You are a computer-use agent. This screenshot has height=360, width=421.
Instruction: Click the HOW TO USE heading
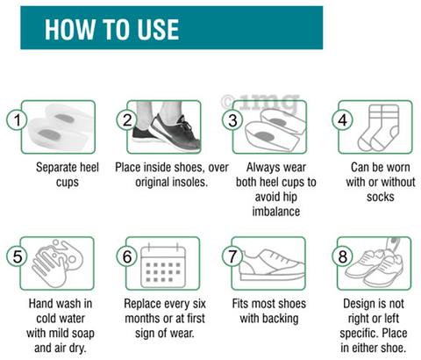tap(111, 29)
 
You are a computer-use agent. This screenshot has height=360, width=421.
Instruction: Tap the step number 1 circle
tap(17, 120)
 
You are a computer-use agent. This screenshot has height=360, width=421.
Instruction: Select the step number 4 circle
tap(342, 120)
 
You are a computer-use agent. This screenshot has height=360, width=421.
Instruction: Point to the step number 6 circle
tap(127, 256)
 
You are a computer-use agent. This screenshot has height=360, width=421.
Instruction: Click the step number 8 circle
tap(342, 256)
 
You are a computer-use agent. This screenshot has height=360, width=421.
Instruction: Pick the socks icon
tap(378, 127)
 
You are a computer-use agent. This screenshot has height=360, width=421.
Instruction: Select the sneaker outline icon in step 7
tap(271, 265)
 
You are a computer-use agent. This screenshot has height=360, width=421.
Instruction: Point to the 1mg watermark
tap(260, 103)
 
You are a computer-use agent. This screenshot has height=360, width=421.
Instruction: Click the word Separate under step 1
tap(54, 168)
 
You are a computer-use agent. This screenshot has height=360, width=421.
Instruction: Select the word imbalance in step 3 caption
tap(276, 212)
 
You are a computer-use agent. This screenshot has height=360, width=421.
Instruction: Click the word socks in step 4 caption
tap(381, 197)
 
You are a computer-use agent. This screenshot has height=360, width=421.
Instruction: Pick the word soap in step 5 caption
tap(82, 334)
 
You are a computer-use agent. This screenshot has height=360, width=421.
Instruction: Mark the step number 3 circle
tap(232, 120)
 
